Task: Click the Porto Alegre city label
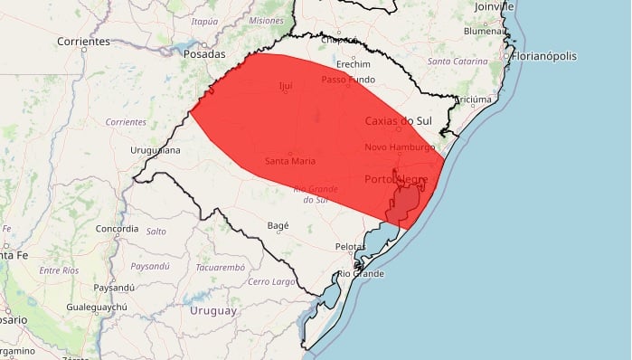pos(396,180)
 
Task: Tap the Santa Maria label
pos(290,161)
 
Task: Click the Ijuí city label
pos(287,88)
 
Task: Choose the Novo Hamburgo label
pos(401,147)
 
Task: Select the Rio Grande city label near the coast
pos(361,273)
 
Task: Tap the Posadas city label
pos(203,53)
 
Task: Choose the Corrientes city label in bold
pos(83,42)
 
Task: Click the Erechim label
pos(353,64)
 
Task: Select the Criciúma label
pos(473,99)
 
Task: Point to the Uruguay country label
pos(213,310)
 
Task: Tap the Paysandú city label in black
pos(114,287)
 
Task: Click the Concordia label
pos(118,229)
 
